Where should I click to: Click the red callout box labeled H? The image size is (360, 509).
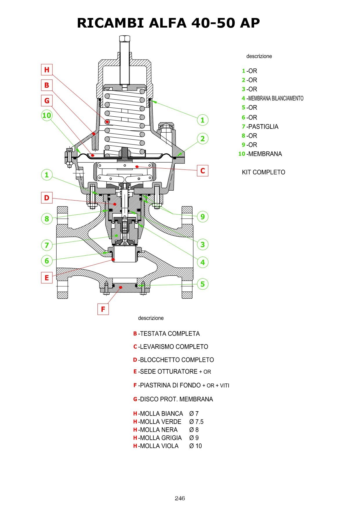point(47,70)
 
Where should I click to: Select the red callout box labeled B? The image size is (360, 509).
point(47,85)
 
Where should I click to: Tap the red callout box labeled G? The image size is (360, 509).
point(47,101)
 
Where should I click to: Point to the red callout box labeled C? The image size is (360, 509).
point(202,171)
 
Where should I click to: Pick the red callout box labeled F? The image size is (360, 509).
point(103,309)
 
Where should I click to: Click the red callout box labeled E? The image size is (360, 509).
point(47,278)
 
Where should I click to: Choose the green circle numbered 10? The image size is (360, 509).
point(47,115)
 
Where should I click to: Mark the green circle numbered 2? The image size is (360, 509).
point(202,139)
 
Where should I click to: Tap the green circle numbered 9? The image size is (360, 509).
point(202,216)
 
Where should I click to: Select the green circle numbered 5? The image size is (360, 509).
point(202,284)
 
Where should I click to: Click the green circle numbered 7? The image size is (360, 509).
point(47,245)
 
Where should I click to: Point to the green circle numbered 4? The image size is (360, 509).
point(202,262)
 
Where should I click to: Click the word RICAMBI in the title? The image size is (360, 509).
point(111,23)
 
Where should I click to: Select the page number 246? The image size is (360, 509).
point(180,498)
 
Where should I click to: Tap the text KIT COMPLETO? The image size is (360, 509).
point(263,172)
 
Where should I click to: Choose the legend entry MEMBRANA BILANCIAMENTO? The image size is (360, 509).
point(276,98)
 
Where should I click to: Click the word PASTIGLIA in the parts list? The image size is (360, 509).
point(263,127)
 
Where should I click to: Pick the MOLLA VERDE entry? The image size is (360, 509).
point(160,422)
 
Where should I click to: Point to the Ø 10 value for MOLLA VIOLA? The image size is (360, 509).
point(196,446)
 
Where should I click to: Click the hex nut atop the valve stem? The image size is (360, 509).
point(124,39)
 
